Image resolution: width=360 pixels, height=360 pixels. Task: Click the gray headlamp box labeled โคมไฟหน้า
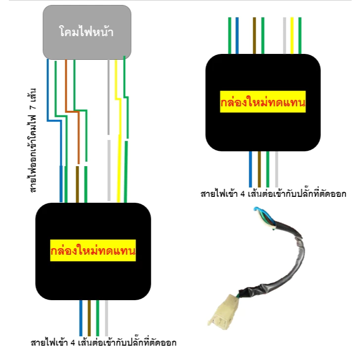tap(87, 32)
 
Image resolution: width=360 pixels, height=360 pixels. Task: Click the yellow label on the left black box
tap(93, 250)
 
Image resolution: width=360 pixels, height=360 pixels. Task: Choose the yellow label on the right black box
tap(263, 102)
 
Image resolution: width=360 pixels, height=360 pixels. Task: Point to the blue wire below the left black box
tap(81, 318)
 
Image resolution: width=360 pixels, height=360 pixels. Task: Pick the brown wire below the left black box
tap(90, 318)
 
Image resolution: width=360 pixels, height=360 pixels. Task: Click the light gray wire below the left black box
tap(106, 318)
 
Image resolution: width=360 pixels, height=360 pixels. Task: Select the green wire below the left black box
tap(98, 318)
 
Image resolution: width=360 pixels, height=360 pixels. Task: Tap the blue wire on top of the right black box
tap(237, 36)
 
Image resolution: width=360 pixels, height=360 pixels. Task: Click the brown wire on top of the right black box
tap(254, 36)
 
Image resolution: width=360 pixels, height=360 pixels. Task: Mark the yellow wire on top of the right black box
tap(292, 36)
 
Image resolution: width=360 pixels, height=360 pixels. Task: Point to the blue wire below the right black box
tap(251, 169)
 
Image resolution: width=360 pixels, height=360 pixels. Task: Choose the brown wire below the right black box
tap(260, 169)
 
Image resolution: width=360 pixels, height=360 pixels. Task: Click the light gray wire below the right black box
tap(276, 169)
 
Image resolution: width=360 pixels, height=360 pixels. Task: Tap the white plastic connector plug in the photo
tap(224, 312)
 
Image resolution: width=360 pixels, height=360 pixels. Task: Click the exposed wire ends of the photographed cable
tap(265, 218)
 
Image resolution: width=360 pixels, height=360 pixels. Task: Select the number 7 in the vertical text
tap(33, 106)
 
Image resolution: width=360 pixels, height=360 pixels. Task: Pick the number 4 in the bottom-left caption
tap(73, 343)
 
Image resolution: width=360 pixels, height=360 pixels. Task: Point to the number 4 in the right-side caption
tap(243, 194)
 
